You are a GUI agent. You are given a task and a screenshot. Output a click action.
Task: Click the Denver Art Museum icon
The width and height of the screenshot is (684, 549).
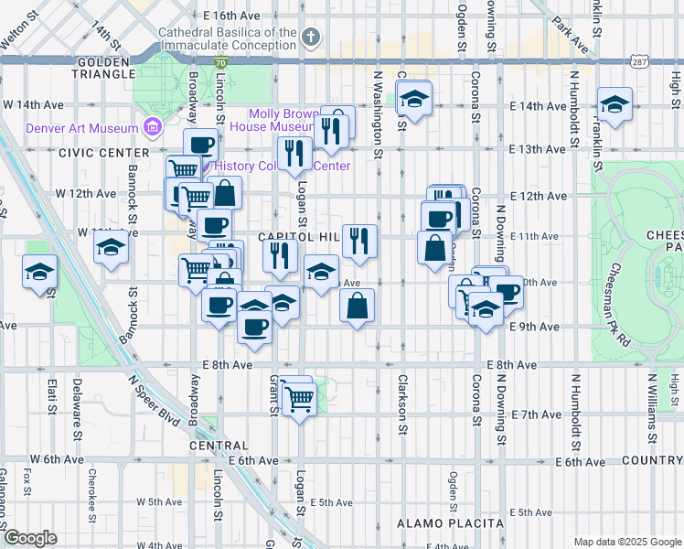click(153, 127)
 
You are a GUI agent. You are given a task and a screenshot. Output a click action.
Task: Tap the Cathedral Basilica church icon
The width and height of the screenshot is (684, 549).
click(311, 38)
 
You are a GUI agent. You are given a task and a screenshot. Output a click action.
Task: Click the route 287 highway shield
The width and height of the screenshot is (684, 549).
click(639, 60)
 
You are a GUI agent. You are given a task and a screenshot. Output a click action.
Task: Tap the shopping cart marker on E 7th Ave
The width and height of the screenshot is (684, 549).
click(299, 400)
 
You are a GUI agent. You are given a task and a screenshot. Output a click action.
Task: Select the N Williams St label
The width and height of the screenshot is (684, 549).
click(651, 400)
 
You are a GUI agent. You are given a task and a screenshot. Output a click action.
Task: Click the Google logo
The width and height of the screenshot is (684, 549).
click(30, 538)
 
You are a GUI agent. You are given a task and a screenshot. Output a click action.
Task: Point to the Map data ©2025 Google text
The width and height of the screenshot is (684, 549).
click(626, 542)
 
